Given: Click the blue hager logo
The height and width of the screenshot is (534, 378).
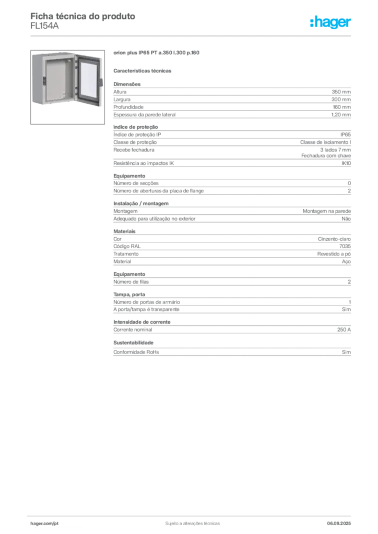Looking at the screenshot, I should click(331, 22).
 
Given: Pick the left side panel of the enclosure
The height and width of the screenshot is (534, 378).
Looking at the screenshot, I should click(36, 78).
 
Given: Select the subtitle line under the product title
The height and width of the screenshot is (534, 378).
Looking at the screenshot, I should click(144, 70).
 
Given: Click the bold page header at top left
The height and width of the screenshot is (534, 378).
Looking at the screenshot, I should click(84, 17).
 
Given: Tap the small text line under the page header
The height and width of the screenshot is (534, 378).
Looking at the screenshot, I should click(46, 29).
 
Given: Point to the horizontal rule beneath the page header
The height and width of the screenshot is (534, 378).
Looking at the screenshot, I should click(192, 35).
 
